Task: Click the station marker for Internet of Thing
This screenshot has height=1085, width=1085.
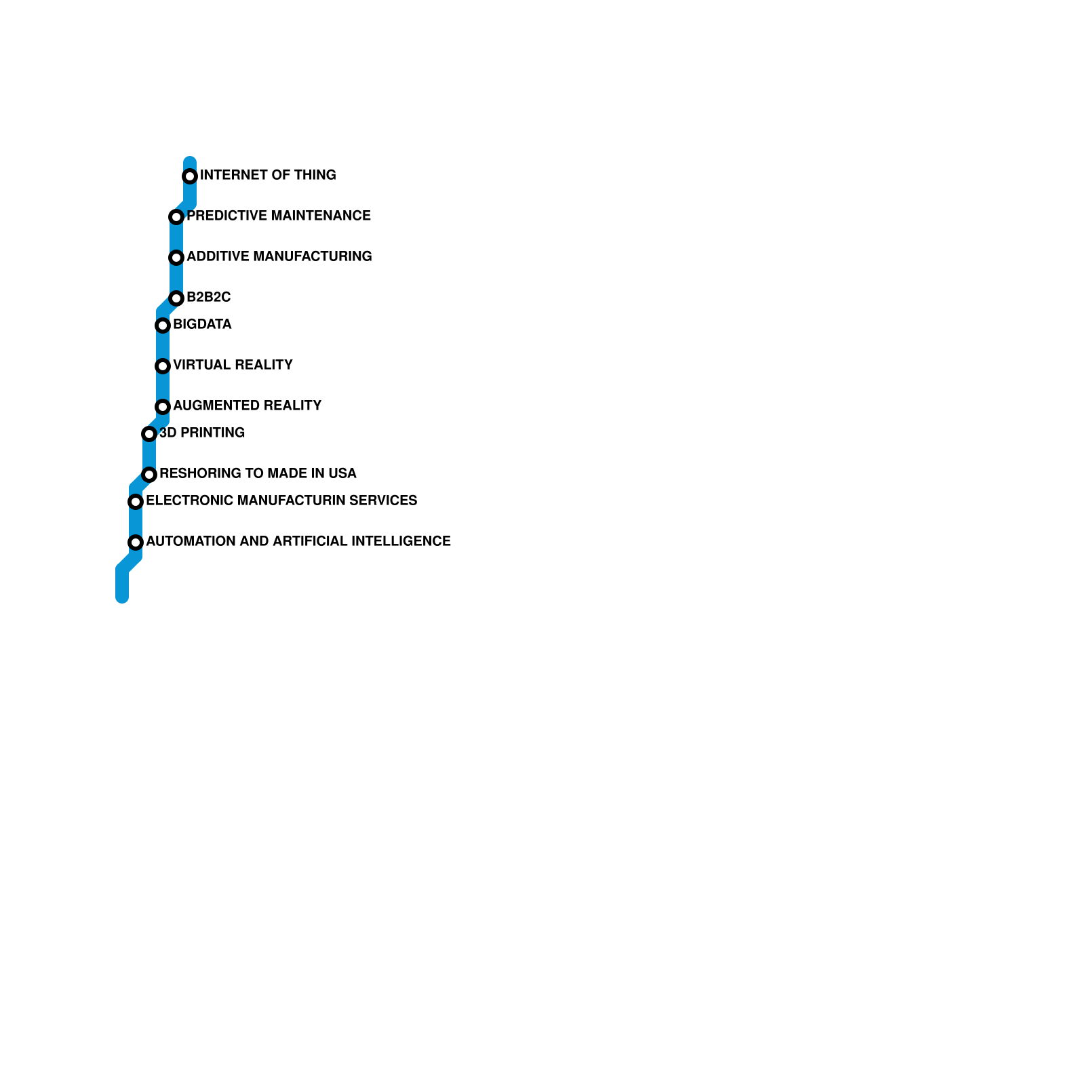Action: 190,176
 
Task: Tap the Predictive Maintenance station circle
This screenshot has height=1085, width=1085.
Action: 176,217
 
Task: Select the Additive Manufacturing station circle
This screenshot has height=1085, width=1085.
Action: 176,258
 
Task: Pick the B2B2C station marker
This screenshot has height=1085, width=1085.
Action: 176,298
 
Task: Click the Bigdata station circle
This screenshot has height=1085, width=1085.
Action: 163,325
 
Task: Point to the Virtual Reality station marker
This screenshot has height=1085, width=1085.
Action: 163,366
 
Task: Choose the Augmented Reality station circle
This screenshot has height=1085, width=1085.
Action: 163,407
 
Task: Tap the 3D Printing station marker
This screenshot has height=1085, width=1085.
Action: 149,434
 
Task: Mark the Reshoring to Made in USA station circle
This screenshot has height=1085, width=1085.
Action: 149,475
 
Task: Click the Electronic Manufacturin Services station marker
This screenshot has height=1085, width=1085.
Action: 136,502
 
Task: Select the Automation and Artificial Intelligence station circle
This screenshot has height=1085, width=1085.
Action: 136,542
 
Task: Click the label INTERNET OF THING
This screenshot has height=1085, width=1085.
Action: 268,175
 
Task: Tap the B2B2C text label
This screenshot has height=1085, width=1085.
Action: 208,297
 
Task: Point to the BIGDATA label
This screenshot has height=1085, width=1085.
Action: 202,324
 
